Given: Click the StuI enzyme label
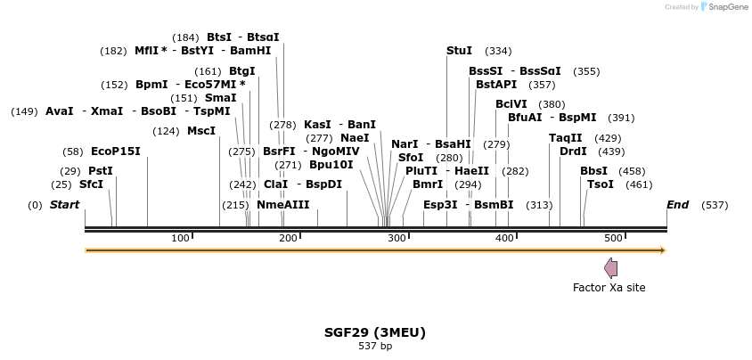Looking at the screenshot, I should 459,51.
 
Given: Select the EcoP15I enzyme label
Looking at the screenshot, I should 116,151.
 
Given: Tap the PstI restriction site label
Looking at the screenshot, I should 101,171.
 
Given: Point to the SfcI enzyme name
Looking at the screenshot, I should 91,184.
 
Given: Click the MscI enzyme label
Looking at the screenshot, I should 201,131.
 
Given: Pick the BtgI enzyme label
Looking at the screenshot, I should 242,71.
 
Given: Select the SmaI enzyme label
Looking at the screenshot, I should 221,98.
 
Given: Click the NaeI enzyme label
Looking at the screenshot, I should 355,138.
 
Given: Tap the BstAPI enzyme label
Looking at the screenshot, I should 496,85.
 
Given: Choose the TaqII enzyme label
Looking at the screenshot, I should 566,138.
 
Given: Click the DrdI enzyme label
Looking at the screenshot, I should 573,151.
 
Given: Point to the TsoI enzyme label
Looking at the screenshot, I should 601,184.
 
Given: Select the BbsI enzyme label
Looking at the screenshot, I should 593,171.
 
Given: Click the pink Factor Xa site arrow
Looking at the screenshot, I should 610,268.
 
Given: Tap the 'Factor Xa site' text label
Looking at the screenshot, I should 609,288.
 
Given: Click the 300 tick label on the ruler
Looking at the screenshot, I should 396,238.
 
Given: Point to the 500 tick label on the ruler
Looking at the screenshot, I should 613,238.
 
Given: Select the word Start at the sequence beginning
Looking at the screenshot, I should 64,205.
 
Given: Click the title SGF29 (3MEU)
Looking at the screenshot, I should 375,332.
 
